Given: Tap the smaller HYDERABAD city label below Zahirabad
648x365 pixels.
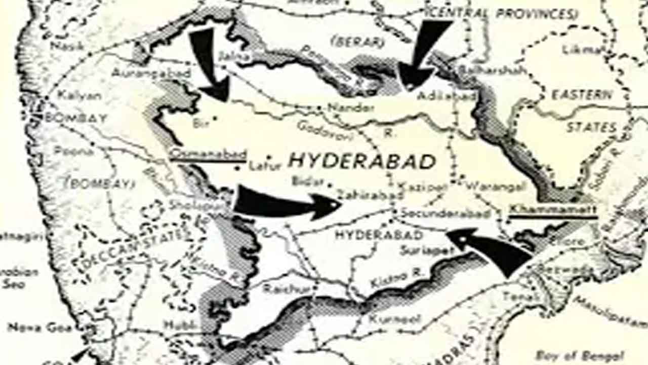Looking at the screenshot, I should (x=379, y=235).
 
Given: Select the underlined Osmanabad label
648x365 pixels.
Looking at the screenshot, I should (x=208, y=154).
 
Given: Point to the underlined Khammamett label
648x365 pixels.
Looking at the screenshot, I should (x=552, y=209).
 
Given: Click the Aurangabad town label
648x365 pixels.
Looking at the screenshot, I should (x=151, y=73).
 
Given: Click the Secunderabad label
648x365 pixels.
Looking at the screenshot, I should (x=445, y=213).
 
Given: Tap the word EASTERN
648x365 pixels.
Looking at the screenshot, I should (x=582, y=95).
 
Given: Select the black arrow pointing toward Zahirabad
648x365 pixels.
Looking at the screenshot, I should (x=283, y=204).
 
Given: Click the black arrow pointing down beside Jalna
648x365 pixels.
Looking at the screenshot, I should (x=209, y=63).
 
